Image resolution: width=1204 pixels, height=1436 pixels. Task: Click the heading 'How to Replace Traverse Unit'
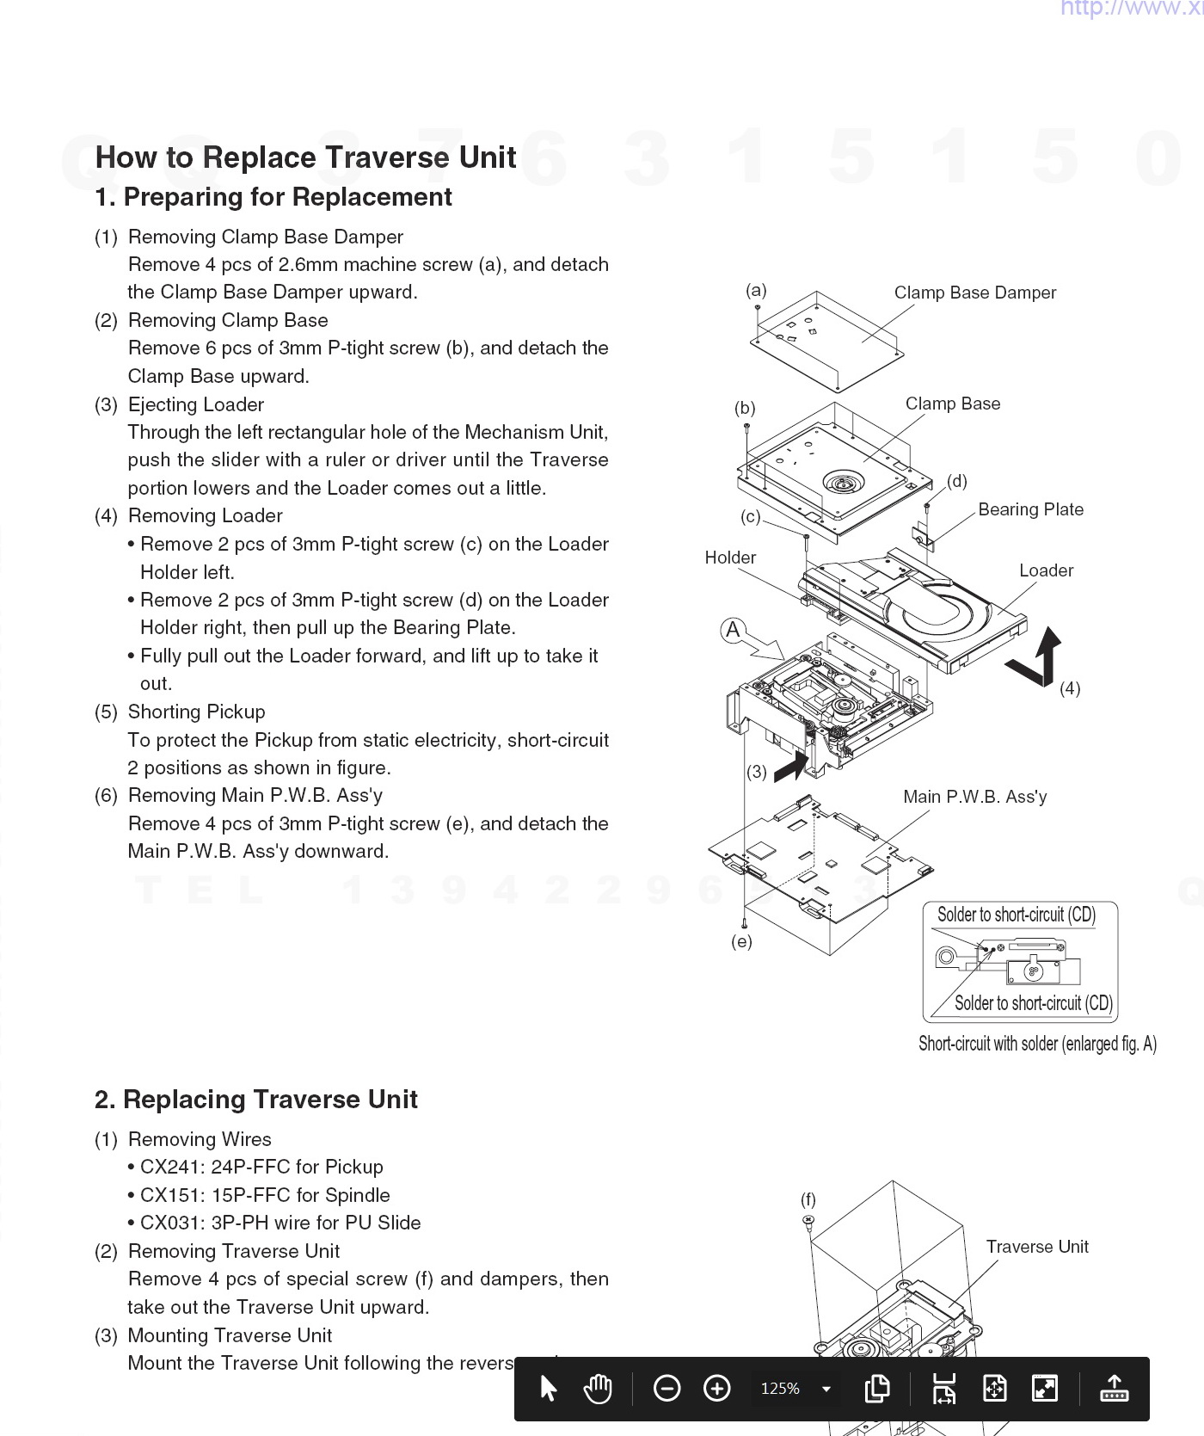coord(305,157)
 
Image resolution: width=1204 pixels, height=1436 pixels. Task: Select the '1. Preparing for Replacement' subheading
coord(273,197)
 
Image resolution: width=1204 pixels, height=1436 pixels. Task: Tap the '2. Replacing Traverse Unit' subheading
coord(256,1100)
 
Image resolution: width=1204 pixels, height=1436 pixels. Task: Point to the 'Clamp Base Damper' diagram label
coord(974,293)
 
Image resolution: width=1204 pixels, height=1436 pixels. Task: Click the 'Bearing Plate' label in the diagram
coord(1030,509)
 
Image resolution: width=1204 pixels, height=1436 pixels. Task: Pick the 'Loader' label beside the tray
coord(1046,570)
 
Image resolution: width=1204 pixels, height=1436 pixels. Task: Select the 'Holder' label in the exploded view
coord(730,558)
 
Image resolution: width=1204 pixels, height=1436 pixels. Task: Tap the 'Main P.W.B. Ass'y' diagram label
coord(974,797)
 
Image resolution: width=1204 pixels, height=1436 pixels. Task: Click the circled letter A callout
coord(733,630)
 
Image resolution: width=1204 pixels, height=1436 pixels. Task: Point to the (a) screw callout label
coord(756,290)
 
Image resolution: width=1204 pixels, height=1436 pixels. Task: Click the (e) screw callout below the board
coord(741,941)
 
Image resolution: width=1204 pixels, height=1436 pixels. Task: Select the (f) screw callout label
coord(808,1199)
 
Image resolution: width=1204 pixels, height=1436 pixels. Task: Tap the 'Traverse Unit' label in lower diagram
coord(1036,1247)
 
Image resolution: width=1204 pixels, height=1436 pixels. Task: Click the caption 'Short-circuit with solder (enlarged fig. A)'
coord(1037,1044)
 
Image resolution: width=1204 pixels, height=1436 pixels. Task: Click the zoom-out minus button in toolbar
coord(666,1388)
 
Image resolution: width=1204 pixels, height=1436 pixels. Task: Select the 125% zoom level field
coord(781,1388)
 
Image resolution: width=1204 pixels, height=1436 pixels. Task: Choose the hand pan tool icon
coord(597,1388)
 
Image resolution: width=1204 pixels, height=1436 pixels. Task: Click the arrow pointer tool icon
coord(548,1388)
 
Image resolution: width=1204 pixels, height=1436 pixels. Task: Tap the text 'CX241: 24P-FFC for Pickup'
coord(261,1167)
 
